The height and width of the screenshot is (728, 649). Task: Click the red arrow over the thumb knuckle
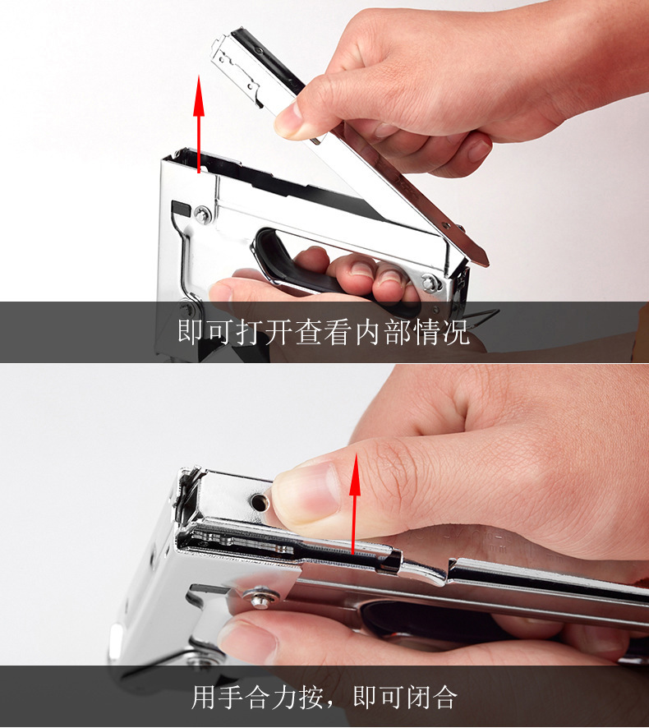point(354,501)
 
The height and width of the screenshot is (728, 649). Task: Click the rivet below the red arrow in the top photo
point(201,215)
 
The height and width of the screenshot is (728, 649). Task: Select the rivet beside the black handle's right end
point(430,283)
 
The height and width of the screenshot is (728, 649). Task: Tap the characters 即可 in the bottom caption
point(377,698)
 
